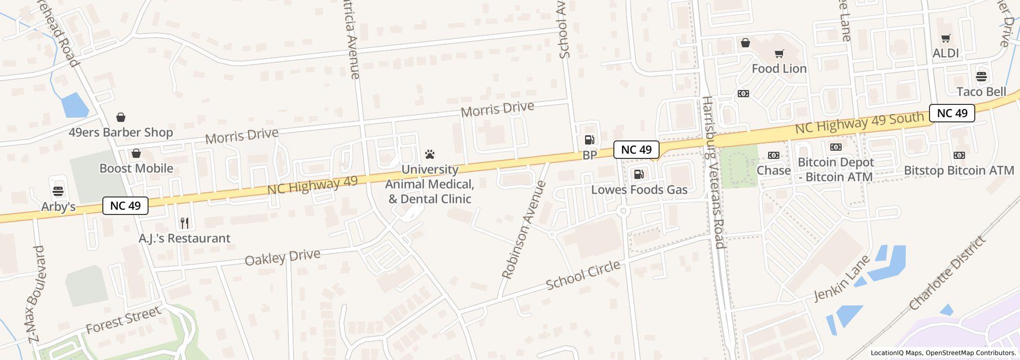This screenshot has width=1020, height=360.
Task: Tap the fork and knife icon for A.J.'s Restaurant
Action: click(x=185, y=223)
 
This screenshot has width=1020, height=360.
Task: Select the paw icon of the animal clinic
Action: click(x=430, y=154)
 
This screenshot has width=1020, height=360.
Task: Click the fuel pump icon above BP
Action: click(x=589, y=139)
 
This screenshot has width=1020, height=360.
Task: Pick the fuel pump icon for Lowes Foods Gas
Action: click(x=639, y=174)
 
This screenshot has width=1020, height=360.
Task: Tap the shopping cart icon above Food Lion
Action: click(x=779, y=53)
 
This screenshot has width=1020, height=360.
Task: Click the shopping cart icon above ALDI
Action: click(x=945, y=38)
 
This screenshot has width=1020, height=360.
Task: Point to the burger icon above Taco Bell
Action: click(x=981, y=77)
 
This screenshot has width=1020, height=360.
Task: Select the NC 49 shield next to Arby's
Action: click(x=125, y=206)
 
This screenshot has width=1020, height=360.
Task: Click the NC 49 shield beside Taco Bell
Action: click(x=952, y=113)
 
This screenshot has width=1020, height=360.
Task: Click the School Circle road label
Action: click(x=583, y=275)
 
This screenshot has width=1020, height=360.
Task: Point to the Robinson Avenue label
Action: click(x=523, y=230)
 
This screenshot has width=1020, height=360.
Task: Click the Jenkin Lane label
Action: click(x=842, y=278)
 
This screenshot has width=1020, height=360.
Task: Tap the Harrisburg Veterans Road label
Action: click(x=713, y=172)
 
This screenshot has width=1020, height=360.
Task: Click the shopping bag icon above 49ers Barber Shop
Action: click(x=121, y=117)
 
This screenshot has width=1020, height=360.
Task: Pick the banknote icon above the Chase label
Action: click(x=773, y=155)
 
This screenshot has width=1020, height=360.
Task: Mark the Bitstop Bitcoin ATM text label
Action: click(x=959, y=170)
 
